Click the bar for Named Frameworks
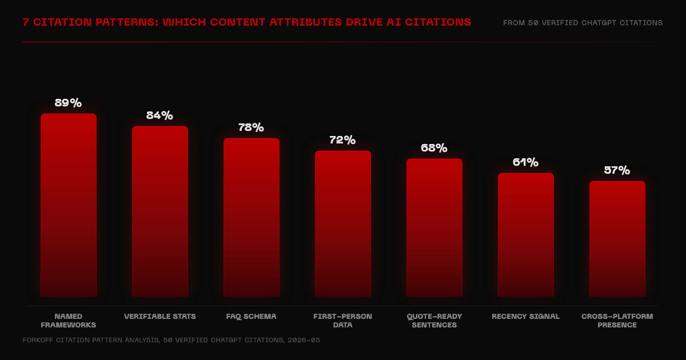pyautogui.click(x=69, y=205)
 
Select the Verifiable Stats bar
pyautogui.click(x=160, y=211)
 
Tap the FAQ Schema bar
pyautogui.click(x=252, y=217)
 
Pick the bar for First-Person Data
pyautogui.click(x=343, y=223)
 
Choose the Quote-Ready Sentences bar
pyautogui.click(x=434, y=227)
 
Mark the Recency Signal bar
pyautogui.click(x=526, y=235)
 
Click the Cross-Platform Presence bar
pyautogui.click(x=617, y=239)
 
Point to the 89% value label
pyautogui.click(x=68, y=102)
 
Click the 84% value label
pyautogui.click(x=159, y=115)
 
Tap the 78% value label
pyautogui.click(x=251, y=127)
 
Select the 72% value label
pyautogui.click(x=342, y=140)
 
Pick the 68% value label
pyautogui.click(x=434, y=148)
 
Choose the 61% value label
pyautogui.click(x=525, y=162)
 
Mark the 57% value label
pyautogui.click(x=617, y=170)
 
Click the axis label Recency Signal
pyautogui.click(x=525, y=317)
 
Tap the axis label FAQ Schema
pyautogui.click(x=251, y=317)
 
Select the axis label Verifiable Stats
pyautogui.click(x=160, y=317)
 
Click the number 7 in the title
pyautogui.click(x=26, y=22)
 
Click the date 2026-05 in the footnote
pyautogui.click(x=304, y=340)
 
